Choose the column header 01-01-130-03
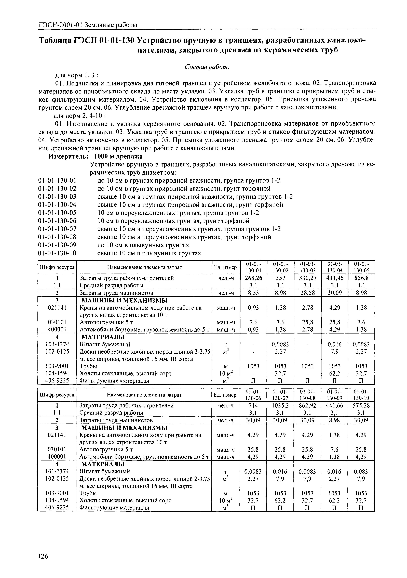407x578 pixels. [x=307, y=267]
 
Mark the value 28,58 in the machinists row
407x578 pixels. [x=307, y=293]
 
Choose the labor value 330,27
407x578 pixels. [x=307, y=278]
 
